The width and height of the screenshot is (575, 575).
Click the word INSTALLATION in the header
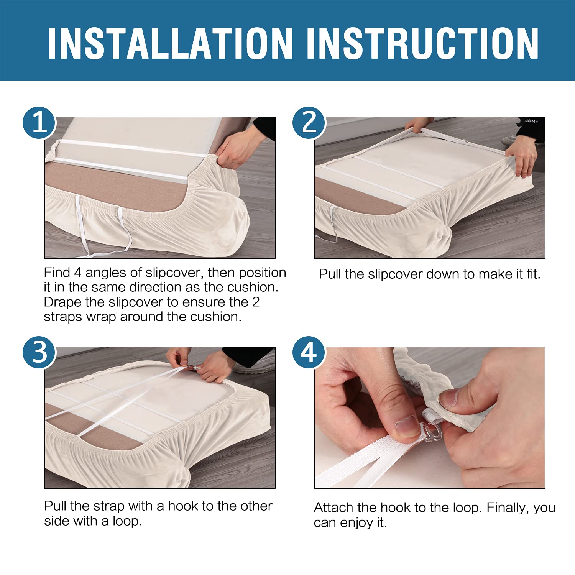pyautogui.click(x=171, y=43)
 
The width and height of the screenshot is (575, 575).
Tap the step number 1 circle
pyautogui.click(x=39, y=123)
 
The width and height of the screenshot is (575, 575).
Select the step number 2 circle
pyautogui.click(x=309, y=123)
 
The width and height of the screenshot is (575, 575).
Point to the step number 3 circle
pyautogui.click(x=39, y=352)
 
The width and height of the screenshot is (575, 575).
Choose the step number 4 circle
pyautogui.click(x=309, y=352)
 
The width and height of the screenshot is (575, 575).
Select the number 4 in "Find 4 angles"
pyautogui.click(x=78, y=273)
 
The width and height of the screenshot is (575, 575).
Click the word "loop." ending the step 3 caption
pyautogui.click(x=127, y=521)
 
